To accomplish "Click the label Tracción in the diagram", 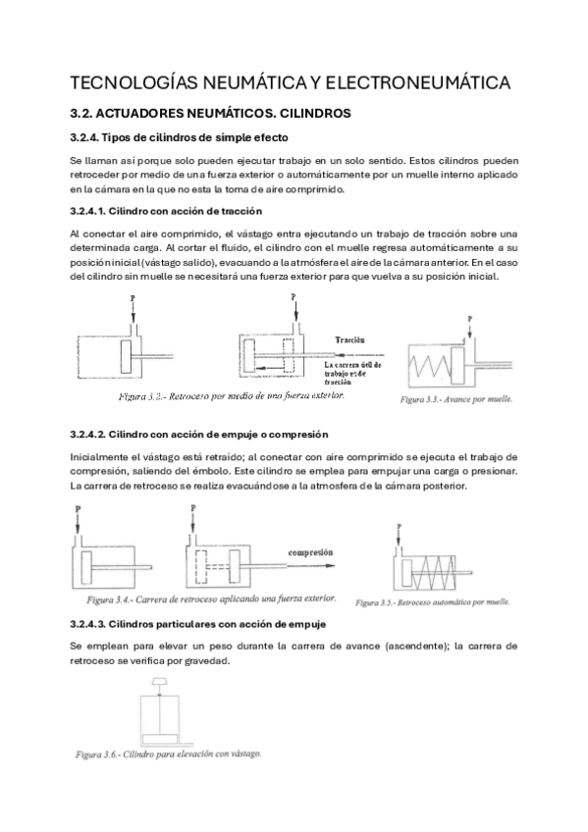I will tap(350, 339).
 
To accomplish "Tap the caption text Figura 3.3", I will tap(434, 401).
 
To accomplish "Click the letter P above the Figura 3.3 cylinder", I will tap(470, 319).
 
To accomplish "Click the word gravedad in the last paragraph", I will tap(205, 661).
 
